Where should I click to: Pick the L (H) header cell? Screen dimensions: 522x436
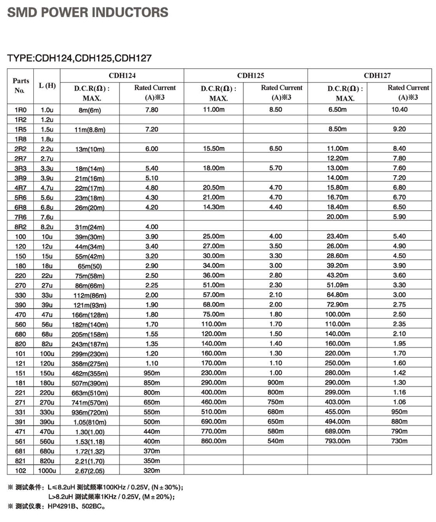click(47, 86)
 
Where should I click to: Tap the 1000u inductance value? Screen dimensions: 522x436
click(46, 470)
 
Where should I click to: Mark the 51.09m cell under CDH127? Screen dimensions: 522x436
click(338, 285)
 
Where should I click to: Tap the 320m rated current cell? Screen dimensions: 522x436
click(151, 470)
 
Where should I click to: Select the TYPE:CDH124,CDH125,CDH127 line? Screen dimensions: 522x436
click(79, 57)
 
